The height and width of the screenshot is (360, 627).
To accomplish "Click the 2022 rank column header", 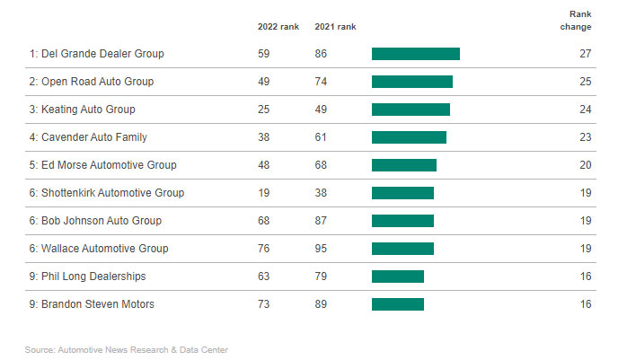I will pos(278,26).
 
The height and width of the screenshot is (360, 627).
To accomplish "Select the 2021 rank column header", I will pos(334,26).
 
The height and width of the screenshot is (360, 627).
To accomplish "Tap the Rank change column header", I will pos(580,21).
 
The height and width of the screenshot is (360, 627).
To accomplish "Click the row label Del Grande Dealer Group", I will pos(96,54).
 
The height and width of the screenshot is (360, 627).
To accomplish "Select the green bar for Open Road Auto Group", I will pos(411,82).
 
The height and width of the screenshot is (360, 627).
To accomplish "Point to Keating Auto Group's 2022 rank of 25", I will pos(264,110).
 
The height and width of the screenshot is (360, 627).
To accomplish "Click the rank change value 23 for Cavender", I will pos(585,137).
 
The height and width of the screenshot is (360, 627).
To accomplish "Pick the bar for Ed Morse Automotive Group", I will pos(403,165).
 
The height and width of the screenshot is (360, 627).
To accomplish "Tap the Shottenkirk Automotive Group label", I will pos(106,193).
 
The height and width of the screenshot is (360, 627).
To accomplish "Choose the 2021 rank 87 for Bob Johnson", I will pos(321,221).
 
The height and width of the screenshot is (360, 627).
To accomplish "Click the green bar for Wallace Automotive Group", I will pos(402,249).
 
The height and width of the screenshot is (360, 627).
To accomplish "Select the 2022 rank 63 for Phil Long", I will pos(264,277).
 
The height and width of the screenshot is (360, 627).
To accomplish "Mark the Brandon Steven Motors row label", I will pos(92,304).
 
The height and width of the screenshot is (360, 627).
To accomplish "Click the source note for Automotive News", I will pos(126,349).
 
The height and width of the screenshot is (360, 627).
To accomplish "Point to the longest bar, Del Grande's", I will pos(415,54).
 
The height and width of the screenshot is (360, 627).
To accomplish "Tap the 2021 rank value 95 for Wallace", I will pos(321,249).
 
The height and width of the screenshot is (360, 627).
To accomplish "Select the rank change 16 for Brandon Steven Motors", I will pos(585,304).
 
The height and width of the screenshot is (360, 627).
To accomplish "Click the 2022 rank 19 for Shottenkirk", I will pos(264,193).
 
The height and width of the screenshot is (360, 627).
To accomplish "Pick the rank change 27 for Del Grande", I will pos(585,54).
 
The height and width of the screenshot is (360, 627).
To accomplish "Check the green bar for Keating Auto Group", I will pos(411,110).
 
